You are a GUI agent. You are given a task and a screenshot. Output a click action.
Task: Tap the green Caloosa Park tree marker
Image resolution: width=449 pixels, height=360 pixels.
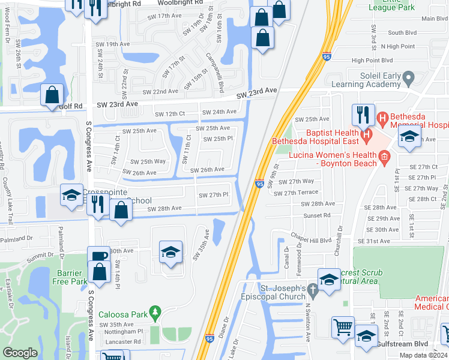point(155,313)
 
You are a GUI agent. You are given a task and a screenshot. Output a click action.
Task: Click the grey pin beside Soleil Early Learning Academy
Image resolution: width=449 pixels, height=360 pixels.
point(409,78)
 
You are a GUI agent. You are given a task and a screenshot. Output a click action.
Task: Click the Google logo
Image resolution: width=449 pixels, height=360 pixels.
point(20,353)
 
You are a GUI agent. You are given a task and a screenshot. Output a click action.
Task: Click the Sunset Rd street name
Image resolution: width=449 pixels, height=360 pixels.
point(318,215)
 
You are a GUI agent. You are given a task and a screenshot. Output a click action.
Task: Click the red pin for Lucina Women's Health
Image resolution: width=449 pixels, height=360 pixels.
point(385,157)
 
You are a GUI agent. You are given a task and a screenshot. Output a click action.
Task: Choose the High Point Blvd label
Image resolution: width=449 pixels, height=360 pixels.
point(372,60)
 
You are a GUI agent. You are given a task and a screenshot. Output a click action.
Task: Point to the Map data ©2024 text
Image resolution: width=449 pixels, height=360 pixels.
point(423,355)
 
